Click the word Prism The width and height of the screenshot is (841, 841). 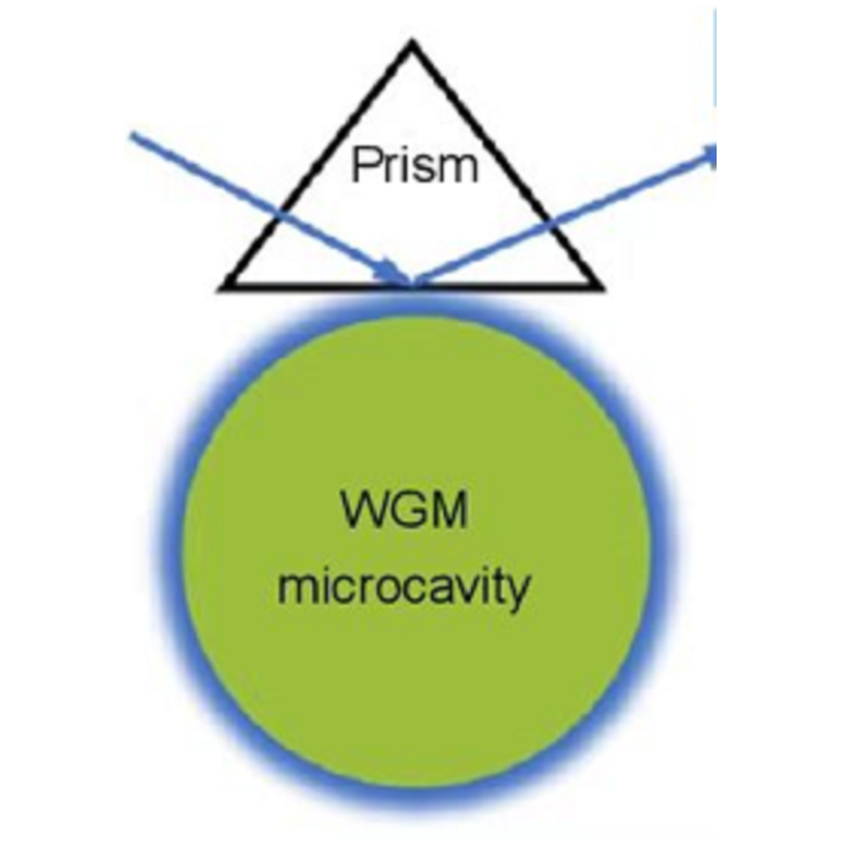click(415, 164)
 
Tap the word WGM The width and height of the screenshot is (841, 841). click(405, 511)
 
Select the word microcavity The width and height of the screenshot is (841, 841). click(403, 589)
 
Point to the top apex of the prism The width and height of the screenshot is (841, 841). click(412, 46)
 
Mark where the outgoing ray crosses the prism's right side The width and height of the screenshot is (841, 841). click(549, 219)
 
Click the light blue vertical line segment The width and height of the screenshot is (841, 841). click(715, 59)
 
